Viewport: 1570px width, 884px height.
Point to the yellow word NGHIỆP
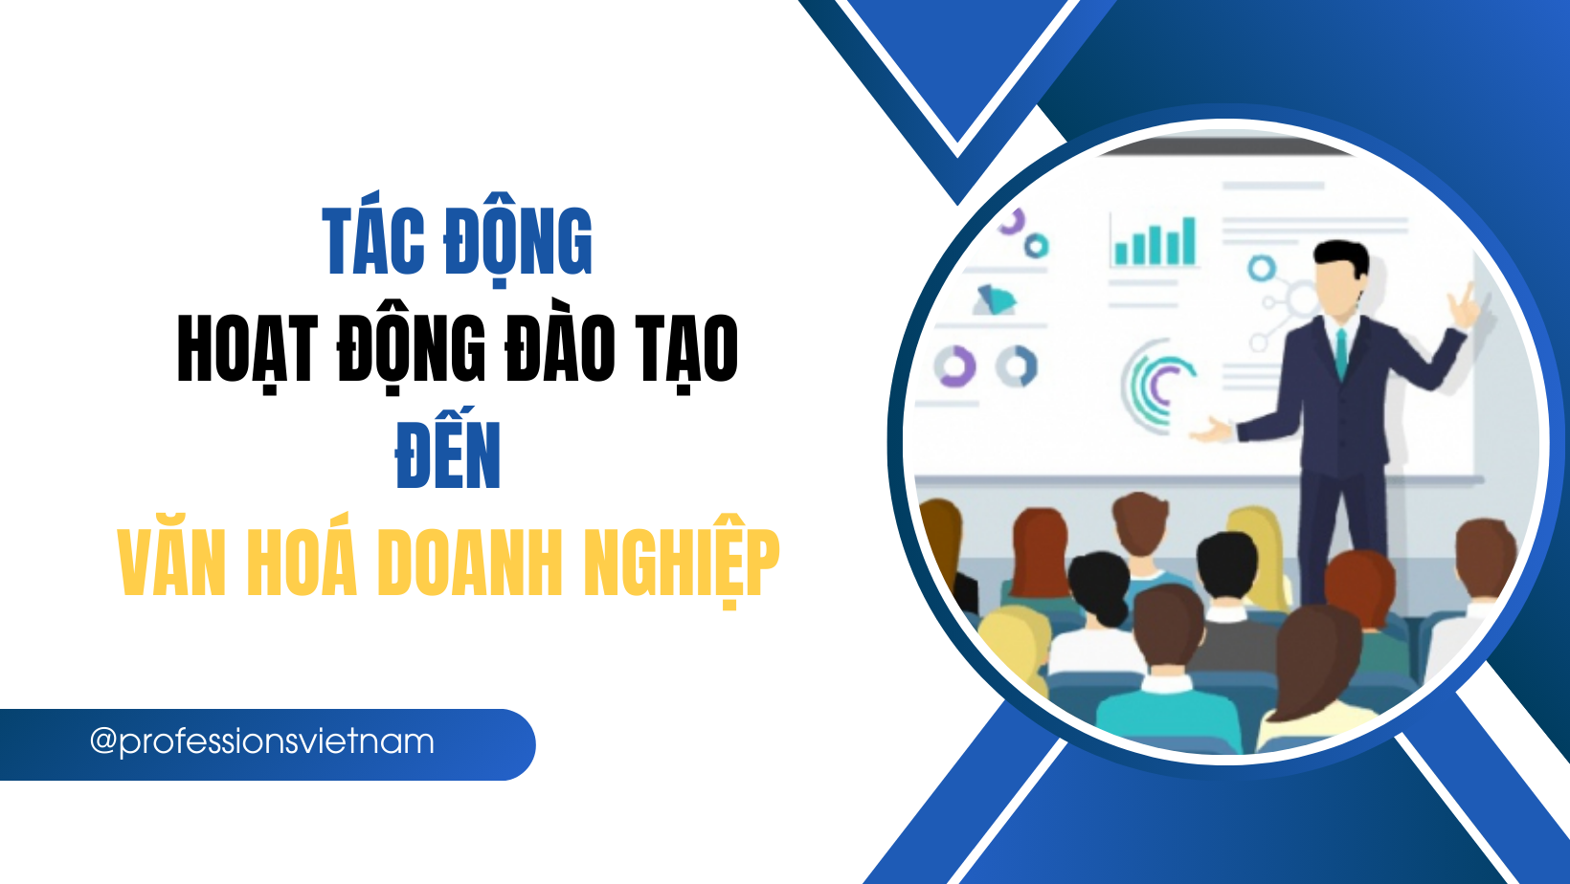[682, 563]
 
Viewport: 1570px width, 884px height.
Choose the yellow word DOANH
[470, 563]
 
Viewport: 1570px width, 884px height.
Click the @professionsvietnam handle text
[262, 742]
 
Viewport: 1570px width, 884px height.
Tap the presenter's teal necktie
[1341, 354]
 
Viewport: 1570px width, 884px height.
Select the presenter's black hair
[1341, 256]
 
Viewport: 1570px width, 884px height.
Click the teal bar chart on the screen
[1155, 242]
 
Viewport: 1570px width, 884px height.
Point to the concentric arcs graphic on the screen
[1158, 385]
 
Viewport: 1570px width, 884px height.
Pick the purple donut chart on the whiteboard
[954, 366]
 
